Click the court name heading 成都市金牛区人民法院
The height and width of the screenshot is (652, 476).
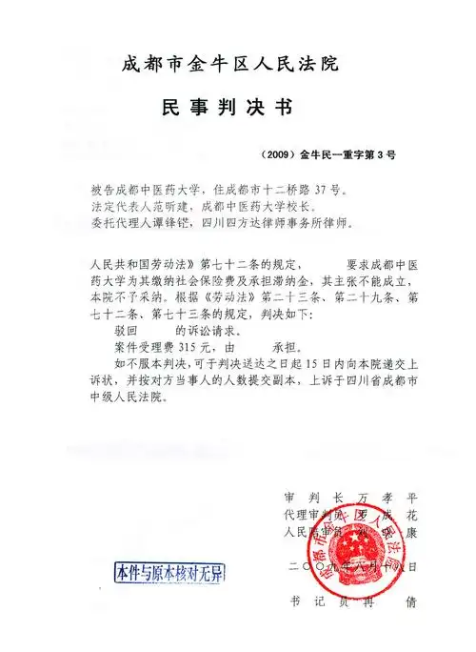coord(229,64)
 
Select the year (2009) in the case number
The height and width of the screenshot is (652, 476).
coord(277,153)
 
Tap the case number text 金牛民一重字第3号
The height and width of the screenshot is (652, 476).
coord(347,153)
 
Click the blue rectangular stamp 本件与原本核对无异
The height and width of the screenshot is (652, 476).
coord(168,573)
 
